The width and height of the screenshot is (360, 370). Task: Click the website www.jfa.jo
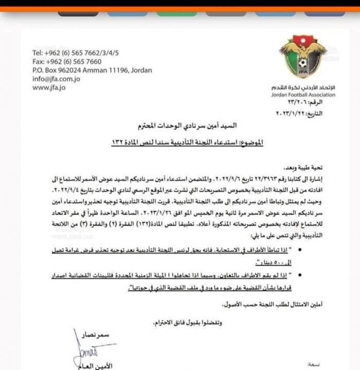[x=49, y=87]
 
